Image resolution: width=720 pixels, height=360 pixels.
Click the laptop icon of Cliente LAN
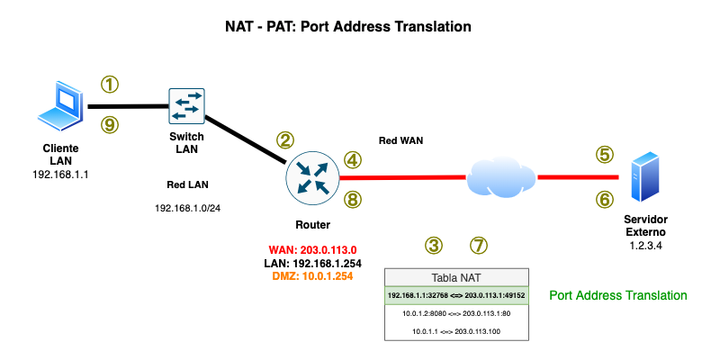pos(60,107)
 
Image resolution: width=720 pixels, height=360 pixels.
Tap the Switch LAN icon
pos(187,106)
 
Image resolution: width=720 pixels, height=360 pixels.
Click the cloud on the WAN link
pos(500,177)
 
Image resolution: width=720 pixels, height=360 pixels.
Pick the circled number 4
pos(354,159)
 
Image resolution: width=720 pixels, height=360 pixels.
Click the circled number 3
pos(435,245)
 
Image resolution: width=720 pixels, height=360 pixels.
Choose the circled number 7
pos(479,245)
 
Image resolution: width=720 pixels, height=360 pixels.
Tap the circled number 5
pos(605,155)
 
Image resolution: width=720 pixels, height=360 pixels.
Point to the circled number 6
pos(605,199)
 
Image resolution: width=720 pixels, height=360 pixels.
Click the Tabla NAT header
pos(456,277)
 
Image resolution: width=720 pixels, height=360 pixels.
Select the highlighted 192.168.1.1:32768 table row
pos(456,294)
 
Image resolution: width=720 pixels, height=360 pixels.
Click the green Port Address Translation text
pos(618,295)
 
